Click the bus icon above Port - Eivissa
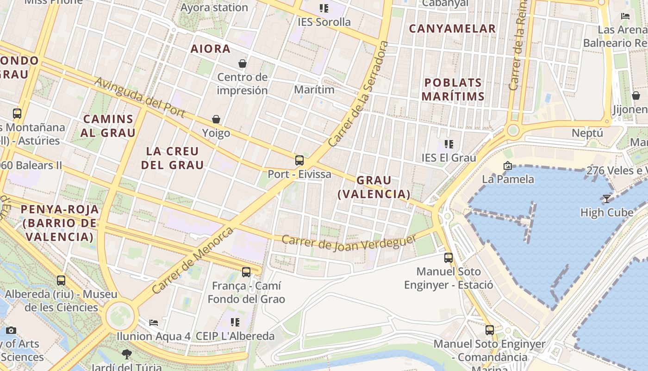[x=299, y=160]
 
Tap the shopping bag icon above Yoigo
[x=216, y=119]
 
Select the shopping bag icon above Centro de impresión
[x=242, y=63]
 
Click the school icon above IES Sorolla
[x=324, y=8]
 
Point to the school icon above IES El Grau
[x=449, y=144]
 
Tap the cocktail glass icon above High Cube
[x=606, y=199]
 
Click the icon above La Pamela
[x=508, y=165]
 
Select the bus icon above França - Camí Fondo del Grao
[x=246, y=272]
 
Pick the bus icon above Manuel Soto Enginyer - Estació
[x=449, y=257]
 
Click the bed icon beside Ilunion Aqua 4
[x=154, y=322]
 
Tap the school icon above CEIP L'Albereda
[x=235, y=322]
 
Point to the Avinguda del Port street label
[x=140, y=97]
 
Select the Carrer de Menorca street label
[x=193, y=260]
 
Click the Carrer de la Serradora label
[x=358, y=94]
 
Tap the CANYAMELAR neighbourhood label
[x=452, y=29]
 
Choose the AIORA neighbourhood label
[x=211, y=49]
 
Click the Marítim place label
[x=314, y=90]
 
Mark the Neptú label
[x=587, y=133]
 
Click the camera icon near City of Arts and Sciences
[x=11, y=330]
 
